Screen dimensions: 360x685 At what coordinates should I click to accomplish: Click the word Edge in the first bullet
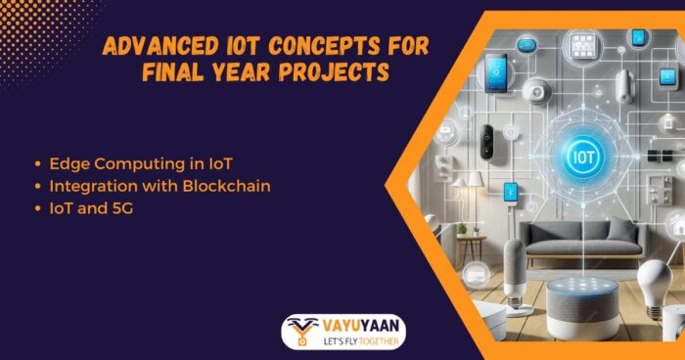[x=62, y=161]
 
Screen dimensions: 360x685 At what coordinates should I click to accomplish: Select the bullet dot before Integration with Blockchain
[x=37, y=186]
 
